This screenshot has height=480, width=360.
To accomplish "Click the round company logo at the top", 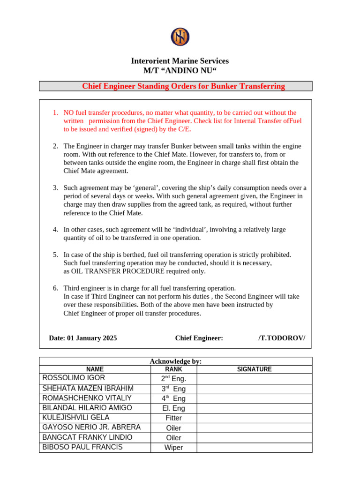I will pos(180,37).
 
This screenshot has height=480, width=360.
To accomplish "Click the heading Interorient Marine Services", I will pos(180,61).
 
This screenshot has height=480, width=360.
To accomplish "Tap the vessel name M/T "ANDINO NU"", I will pos(180,71).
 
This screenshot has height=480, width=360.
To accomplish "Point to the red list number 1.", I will pos(55,112).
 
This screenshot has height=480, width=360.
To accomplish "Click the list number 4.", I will pos(55,229).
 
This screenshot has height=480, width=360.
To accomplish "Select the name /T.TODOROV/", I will pos(281,338).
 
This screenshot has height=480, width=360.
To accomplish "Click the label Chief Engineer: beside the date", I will pos(199,338).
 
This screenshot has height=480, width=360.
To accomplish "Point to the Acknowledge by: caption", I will pos(175,361).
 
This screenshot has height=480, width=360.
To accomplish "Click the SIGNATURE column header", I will pos(254,369).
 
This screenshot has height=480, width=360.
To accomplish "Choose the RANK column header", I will pos(173,369).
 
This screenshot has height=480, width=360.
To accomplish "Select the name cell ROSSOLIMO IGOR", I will pos(74,378).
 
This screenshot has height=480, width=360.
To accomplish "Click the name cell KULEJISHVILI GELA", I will pos(76,417).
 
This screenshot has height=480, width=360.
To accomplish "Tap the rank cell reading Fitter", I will pos(173,418).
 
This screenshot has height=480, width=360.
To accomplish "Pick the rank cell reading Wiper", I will pos(173,447).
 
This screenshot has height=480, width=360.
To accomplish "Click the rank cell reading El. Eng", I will pos(173,408).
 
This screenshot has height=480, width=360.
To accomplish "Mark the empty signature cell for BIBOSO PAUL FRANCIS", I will pos(254,447).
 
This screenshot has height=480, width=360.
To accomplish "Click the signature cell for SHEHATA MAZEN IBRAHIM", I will pos(254,388).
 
